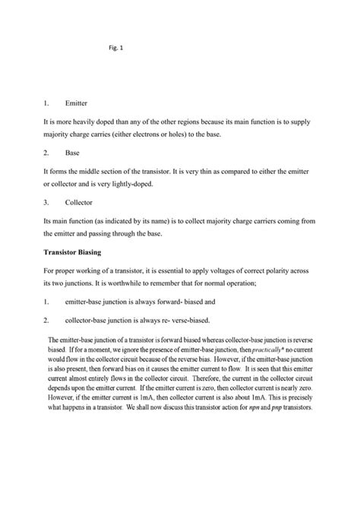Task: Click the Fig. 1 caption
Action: click(x=116, y=49)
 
